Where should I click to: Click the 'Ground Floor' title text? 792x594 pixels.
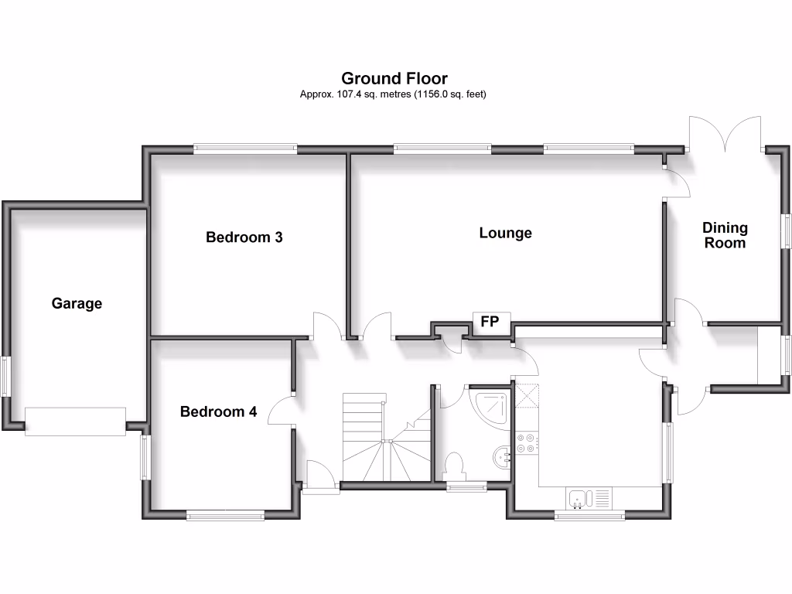pos(394,78)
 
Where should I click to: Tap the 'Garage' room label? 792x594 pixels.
pos(77,304)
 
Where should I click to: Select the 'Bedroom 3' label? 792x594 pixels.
pos(244,237)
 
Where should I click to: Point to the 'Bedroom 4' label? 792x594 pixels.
pos(218,412)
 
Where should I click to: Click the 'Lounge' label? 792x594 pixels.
pos(505,233)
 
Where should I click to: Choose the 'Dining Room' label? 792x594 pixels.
pos(725,235)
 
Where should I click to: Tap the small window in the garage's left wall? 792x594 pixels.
pos(6,376)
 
